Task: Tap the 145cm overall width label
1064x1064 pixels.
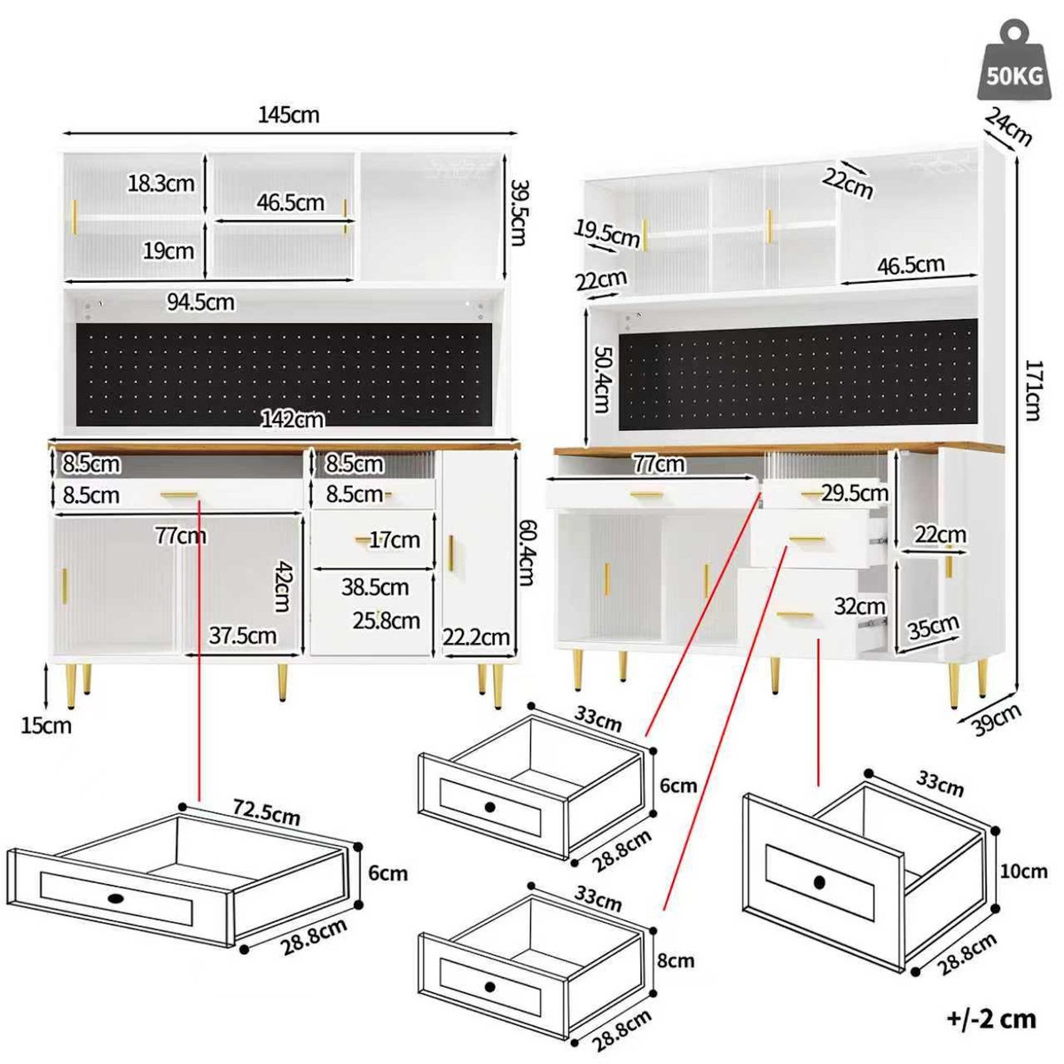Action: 288,114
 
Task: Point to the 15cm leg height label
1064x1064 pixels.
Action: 47,725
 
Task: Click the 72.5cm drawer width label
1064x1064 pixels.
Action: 266,812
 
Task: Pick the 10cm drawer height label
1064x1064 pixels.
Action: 1023,872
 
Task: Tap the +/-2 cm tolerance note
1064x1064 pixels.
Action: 990,1019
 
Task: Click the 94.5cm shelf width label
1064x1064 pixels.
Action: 200,302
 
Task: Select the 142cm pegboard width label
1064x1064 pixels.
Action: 292,419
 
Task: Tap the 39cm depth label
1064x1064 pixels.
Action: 996,718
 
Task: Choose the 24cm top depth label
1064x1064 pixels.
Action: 1008,127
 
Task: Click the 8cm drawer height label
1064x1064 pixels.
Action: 676,960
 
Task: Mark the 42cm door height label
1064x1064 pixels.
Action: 282,584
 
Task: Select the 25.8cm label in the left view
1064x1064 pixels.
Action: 386,621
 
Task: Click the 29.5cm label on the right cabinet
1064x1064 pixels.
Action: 854,492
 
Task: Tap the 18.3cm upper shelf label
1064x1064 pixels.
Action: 160,184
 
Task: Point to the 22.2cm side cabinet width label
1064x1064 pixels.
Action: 476,637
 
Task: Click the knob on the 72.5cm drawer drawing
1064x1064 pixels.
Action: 117,899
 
